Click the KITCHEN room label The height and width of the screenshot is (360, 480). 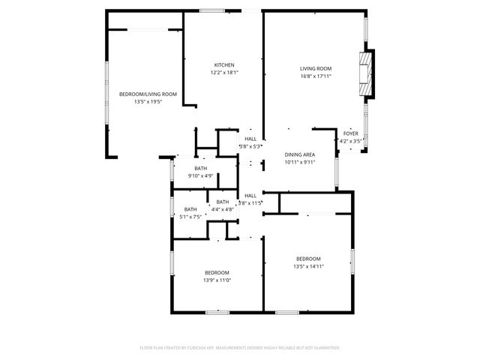pyautogui.click(x=224, y=65)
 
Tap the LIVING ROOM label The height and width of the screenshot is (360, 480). pyautogui.click(x=316, y=68)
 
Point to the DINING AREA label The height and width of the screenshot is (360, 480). pyautogui.click(x=299, y=154)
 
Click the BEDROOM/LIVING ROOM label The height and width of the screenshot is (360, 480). pyautogui.click(x=148, y=94)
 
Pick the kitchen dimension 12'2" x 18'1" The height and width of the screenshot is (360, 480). pyautogui.click(x=224, y=73)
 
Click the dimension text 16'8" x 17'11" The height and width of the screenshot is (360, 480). pyautogui.click(x=316, y=76)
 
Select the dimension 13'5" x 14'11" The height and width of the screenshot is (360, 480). pyautogui.click(x=308, y=266)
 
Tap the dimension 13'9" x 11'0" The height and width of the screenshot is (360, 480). pyautogui.click(x=217, y=280)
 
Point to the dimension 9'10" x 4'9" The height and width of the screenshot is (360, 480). pyautogui.click(x=201, y=176)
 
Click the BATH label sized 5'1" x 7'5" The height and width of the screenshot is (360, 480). pyautogui.click(x=190, y=209)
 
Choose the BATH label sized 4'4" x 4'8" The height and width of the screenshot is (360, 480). pyautogui.click(x=223, y=202)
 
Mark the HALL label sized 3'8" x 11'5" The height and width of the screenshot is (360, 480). pyautogui.click(x=250, y=196)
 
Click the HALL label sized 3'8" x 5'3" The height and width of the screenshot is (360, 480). pyautogui.click(x=250, y=139)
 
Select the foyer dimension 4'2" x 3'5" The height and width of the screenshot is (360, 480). pyautogui.click(x=351, y=140)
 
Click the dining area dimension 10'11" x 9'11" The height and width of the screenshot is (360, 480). pyautogui.click(x=299, y=162)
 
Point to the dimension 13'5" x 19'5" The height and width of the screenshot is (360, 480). pyautogui.click(x=148, y=101)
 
